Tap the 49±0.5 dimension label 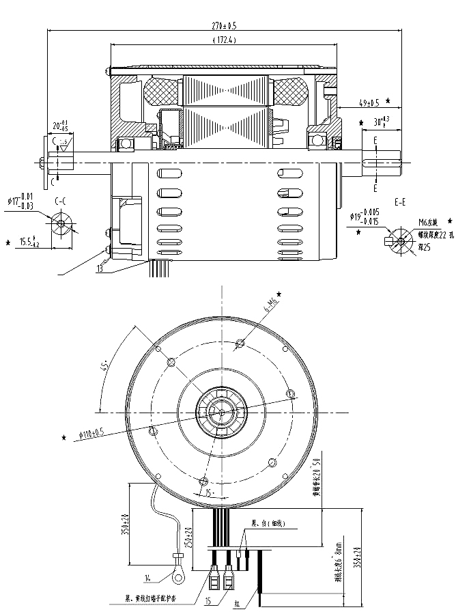click(369, 104)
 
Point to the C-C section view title click(61, 201)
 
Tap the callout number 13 click(100, 268)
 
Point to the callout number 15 click(208, 601)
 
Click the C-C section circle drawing click(61, 223)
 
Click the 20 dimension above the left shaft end click(61, 126)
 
